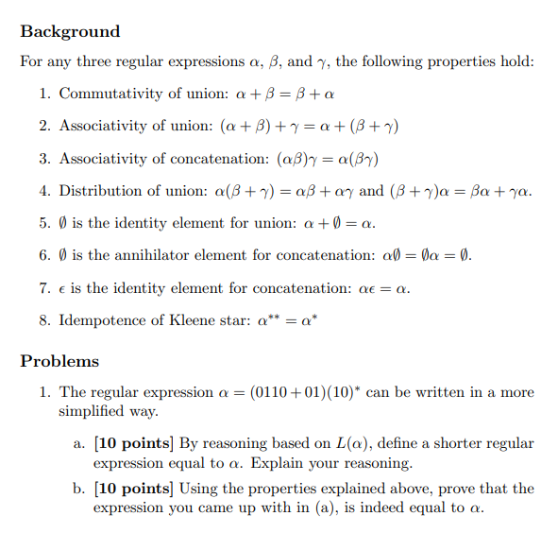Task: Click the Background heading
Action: pyautogui.click(x=70, y=31)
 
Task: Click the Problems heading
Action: pyautogui.click(x=59, y=361)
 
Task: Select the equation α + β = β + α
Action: pyautogui.click(x=289, y=95)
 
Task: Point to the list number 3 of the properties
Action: pyautogui.click(x=44, y=158)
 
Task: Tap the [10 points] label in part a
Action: pyautogui.click(x=133, y=442)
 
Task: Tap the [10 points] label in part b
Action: pyautogui.click(x=133, y=489)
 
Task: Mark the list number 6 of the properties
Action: pyautogui.click(x=44, y=255)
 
